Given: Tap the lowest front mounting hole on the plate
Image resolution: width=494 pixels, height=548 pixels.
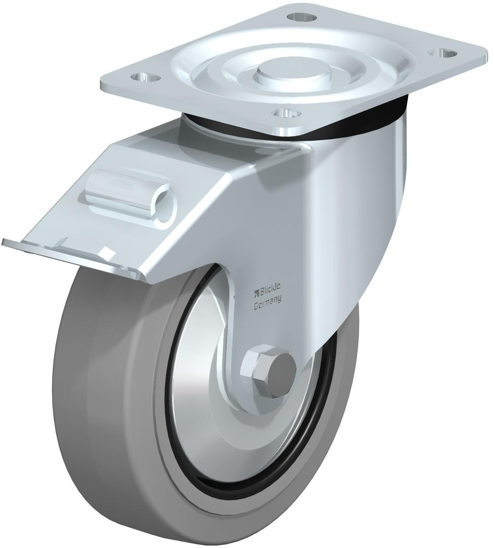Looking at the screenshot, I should click(x=287, y=112).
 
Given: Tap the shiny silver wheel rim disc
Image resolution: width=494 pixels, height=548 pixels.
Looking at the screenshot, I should click(x=199, y=406).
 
